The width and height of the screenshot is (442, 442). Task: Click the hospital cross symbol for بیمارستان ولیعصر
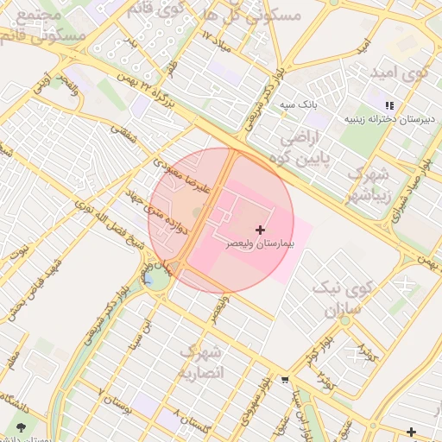[260, 230]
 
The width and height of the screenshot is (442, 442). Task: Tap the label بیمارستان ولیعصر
[261, 245]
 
